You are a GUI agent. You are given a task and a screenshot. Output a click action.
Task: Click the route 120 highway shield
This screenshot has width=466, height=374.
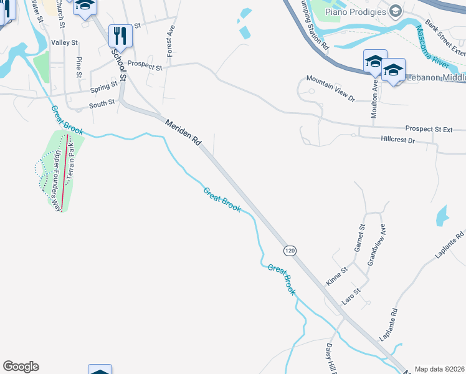pyautogui.click(x=290, y=250)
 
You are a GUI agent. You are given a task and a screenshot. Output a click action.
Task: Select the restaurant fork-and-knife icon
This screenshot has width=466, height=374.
pyautogui.click(x=120, y=36)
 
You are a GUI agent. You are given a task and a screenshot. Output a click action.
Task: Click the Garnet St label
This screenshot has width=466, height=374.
pyautogui.click(x=358, y=239)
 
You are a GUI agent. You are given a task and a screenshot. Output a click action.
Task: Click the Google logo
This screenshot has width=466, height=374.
pyautogui.click(x=21, y=367)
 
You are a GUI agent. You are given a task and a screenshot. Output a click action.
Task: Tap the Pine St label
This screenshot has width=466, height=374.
pyautogui.click(x=79, y=67)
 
